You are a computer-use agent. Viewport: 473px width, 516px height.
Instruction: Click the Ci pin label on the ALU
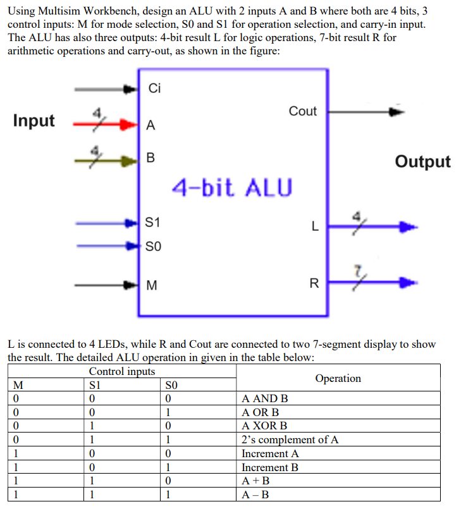point(155,89)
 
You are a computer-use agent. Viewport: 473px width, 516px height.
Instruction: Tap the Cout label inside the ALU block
point(302,111)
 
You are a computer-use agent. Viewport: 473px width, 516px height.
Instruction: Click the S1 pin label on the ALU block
point(152,223)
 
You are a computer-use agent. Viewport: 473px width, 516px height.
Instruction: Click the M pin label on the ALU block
point(151,285)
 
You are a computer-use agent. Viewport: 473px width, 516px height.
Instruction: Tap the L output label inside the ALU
point(314,226)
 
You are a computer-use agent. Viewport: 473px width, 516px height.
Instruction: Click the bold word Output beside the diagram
point(422,161)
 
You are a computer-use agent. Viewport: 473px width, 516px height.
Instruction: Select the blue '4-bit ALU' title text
point(233,187)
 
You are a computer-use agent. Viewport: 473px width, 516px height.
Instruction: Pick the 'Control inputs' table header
point(122,371)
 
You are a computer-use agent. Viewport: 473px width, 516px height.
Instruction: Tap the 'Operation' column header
point(338,378)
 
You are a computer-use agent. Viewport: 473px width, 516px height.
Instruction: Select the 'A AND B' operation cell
point(265,398)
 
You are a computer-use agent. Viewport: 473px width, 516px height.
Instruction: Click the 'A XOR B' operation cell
point(264,426)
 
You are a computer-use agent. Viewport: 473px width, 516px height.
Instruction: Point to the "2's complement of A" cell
point(290,439)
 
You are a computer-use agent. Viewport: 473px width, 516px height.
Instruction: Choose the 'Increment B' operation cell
point(270,467)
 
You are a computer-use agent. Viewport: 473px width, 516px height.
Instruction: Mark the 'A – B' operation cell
point(255,494)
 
